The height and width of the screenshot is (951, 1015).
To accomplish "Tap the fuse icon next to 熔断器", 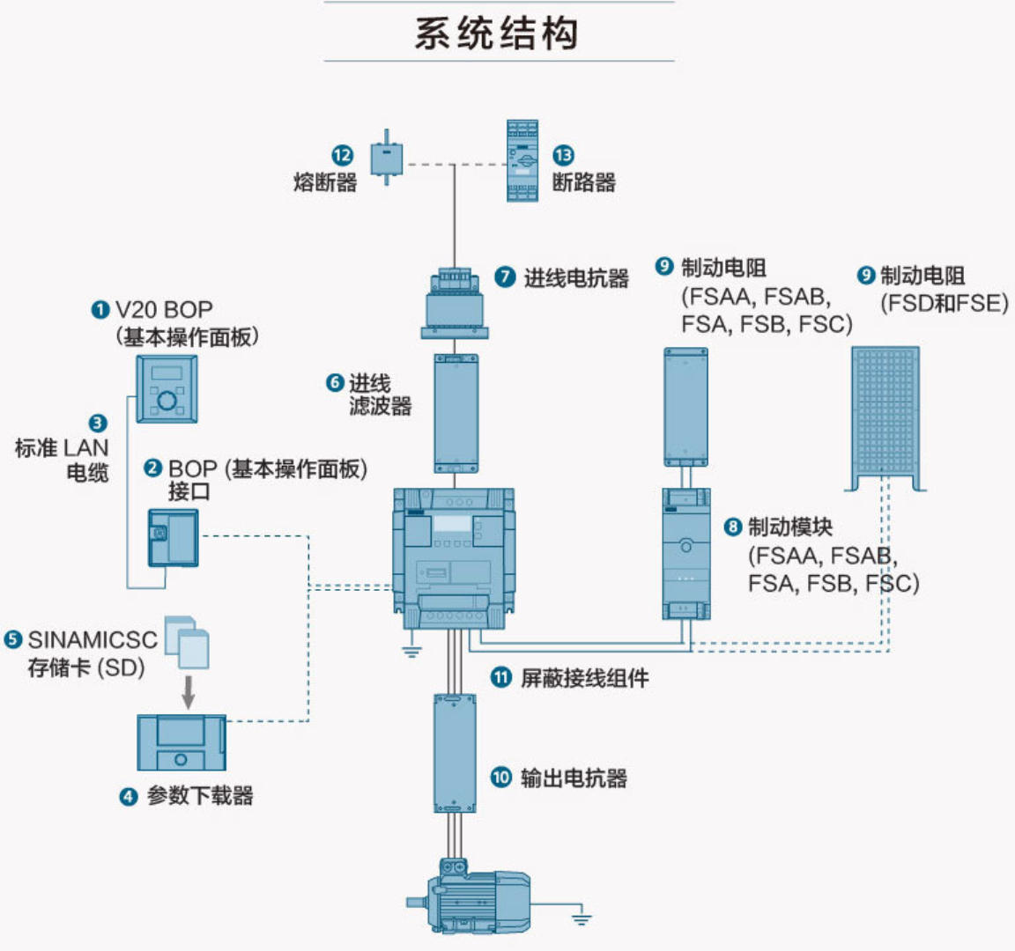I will (x=386, y=158).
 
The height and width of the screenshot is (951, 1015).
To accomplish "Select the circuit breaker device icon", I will (x=522, y=161).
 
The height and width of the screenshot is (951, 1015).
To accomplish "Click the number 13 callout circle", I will (x=563, y=155).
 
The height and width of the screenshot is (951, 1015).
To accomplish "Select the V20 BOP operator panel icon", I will (x=167, y=388).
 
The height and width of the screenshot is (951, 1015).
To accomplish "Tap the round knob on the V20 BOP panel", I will (x=167, y=402).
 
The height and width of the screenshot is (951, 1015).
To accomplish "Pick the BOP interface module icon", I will (x=173, y=537).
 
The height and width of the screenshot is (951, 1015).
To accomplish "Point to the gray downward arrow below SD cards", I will (x=187, y=692).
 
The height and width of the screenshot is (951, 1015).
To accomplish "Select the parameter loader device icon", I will (x=182, y=742).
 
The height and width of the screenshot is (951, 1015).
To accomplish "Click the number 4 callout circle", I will (x=129, y=797).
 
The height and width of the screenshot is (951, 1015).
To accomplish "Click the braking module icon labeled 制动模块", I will (x=686, y=554).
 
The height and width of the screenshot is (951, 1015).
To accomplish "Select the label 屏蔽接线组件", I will (x=584, y=678).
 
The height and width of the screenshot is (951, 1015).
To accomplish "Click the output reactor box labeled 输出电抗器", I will (x=455, y=753).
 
